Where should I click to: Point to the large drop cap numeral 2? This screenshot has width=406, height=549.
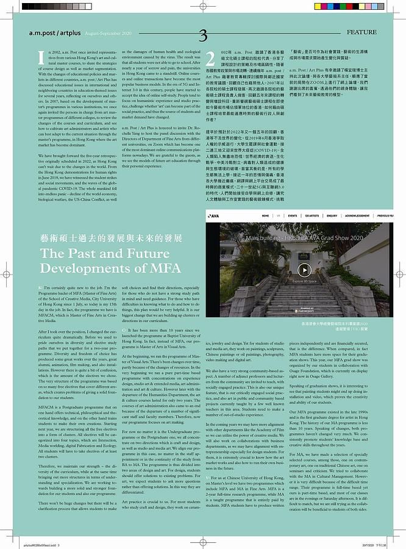pyautogui.click(x=210, y=59)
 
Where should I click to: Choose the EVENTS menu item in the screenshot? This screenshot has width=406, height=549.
pyautogui.click(x=293, y=216)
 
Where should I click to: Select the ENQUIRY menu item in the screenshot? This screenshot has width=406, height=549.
pyautogui.click(x=332, y=216)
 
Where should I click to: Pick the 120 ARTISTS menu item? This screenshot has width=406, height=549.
pyautogui.click(x=312, y=216)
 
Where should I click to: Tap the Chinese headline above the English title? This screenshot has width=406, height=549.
pyautogui.click(x=102, y=239)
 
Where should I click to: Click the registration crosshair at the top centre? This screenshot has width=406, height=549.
pyautogui.click(x=202, y=8)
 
